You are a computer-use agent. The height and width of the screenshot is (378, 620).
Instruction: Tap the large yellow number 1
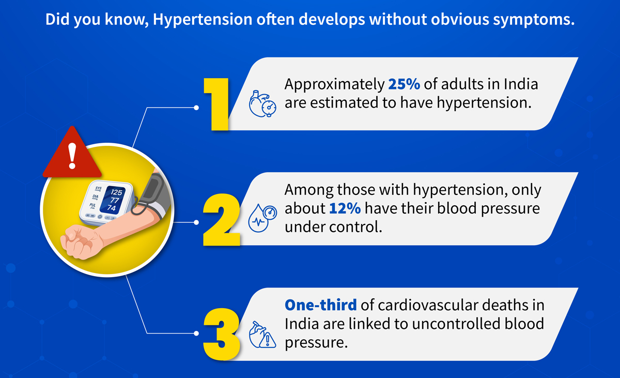[216, 104]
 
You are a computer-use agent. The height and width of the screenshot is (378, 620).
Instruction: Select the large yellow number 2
[222, 220]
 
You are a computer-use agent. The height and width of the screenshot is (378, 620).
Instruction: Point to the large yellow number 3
[222, 335]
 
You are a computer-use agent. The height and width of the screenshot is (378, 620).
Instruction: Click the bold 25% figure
[404, 84]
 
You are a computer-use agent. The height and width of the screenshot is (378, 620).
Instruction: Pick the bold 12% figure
[345, 208]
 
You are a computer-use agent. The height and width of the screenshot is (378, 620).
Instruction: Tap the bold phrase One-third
[320, 305]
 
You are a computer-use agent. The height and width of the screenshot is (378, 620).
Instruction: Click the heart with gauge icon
[262, 104]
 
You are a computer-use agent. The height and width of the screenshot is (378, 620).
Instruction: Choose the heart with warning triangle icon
[262, 335]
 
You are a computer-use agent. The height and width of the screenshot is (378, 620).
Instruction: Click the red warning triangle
[72, 153]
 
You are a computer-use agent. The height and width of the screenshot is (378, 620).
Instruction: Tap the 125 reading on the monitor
[117, 192]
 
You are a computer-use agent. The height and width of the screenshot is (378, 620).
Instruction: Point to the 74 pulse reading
[112, 208]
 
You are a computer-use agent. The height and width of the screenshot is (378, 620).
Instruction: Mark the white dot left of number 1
[196, 108]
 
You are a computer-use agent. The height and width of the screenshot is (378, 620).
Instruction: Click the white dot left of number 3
[196, 334]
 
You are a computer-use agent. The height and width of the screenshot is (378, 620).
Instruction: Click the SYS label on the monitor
[98, 189]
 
